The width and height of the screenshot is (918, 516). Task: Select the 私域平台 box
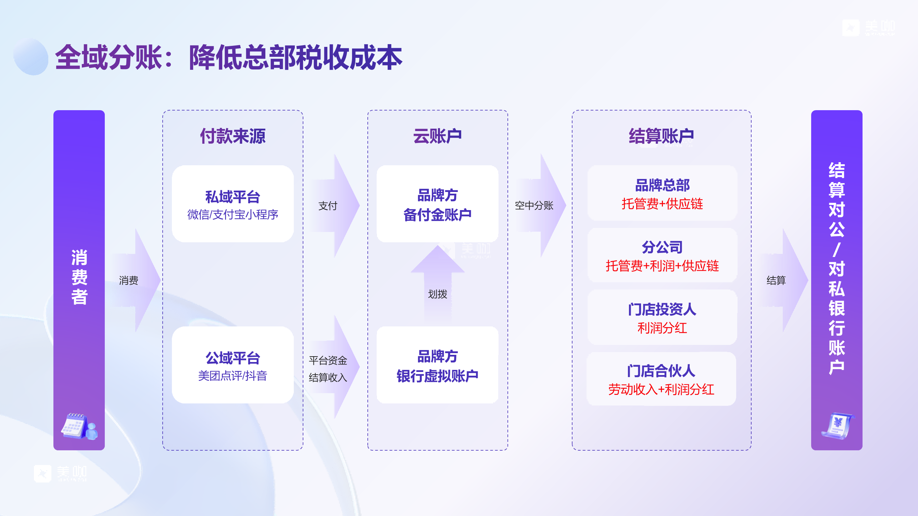point(233,204)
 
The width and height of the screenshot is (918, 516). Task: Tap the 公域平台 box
point(233,365)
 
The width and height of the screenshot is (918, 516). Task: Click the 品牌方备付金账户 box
point(437,204)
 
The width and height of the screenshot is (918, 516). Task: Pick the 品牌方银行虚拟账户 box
point(437,365)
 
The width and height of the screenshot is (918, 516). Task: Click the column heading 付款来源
point(233,136)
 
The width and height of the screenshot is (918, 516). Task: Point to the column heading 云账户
point(437,136)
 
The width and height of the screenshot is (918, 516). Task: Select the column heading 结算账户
point(662,136)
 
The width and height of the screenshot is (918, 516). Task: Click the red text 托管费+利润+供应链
point(662,266)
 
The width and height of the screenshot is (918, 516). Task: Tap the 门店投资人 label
point(662,309)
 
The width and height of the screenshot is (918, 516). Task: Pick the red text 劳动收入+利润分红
point(661,390)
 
